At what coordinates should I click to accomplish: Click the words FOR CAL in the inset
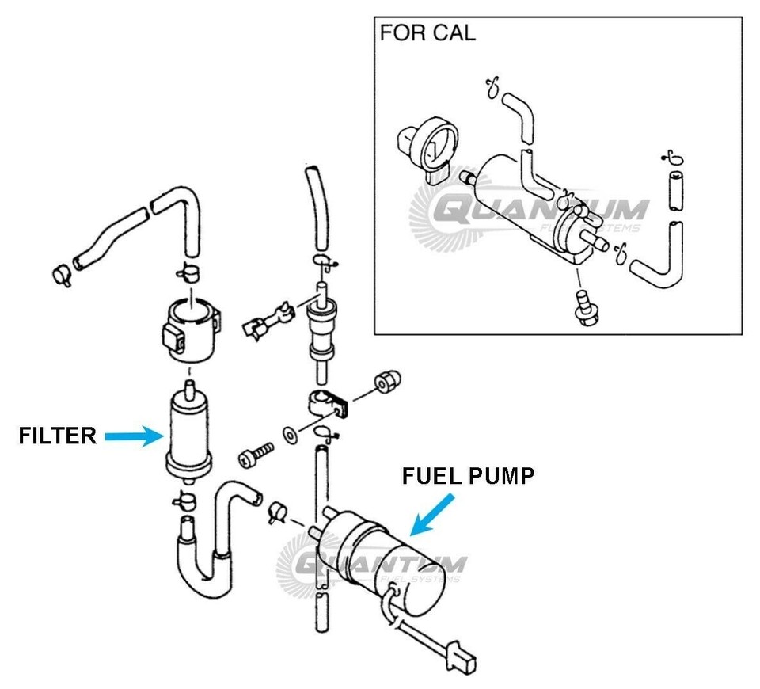pos(427,33)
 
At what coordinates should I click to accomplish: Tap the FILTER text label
pos(58,435)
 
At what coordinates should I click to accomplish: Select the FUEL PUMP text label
pos(468,476)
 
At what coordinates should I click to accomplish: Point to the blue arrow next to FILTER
pos(132,435)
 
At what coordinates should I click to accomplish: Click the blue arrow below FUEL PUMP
pos(435,512)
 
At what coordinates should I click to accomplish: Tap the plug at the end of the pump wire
pos(460,657)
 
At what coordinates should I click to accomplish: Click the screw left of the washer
pos(255,454)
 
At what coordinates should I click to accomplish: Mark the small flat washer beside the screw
pos(291,433)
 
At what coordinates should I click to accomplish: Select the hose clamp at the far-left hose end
pos(61,276)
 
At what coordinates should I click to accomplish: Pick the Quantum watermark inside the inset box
pos(538,212)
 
